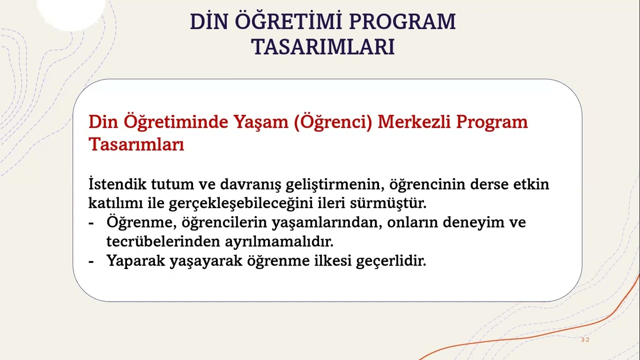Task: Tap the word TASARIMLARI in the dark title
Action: [x=323, y=46]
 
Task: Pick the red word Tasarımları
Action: [x=136, y=145]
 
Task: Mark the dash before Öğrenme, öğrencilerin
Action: [x=91, y=223]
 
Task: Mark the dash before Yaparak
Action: [x=91, y=261]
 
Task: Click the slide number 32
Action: [x=585, y=340]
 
